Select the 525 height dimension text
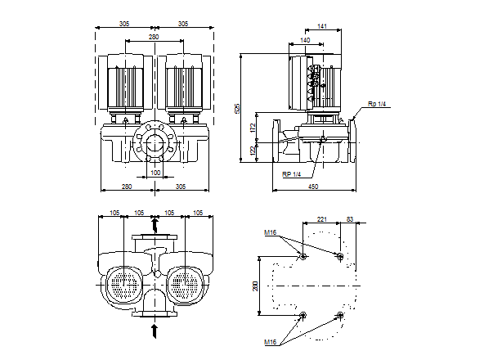pyautogui.click(x=238, y=109)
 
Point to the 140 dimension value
pyautogui.click(x=305, y=39)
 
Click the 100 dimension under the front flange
pyautogui.click(x=155, y=173)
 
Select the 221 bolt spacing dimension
pyautogui.click(x=321, y=219)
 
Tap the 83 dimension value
pyautogui.click(x=350, y=219)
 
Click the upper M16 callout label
pyautogui.click(x=271, y=234)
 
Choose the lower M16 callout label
pyautogui.click(x=271, y=340)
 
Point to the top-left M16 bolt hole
pyautogui.click(x=303, y=257)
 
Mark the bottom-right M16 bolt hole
pyautogui.click(x=340, y=316)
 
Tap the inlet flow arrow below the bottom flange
pyautogui.click(x=155, y=330)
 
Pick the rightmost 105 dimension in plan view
pyautogui.click(x=198, y=214)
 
